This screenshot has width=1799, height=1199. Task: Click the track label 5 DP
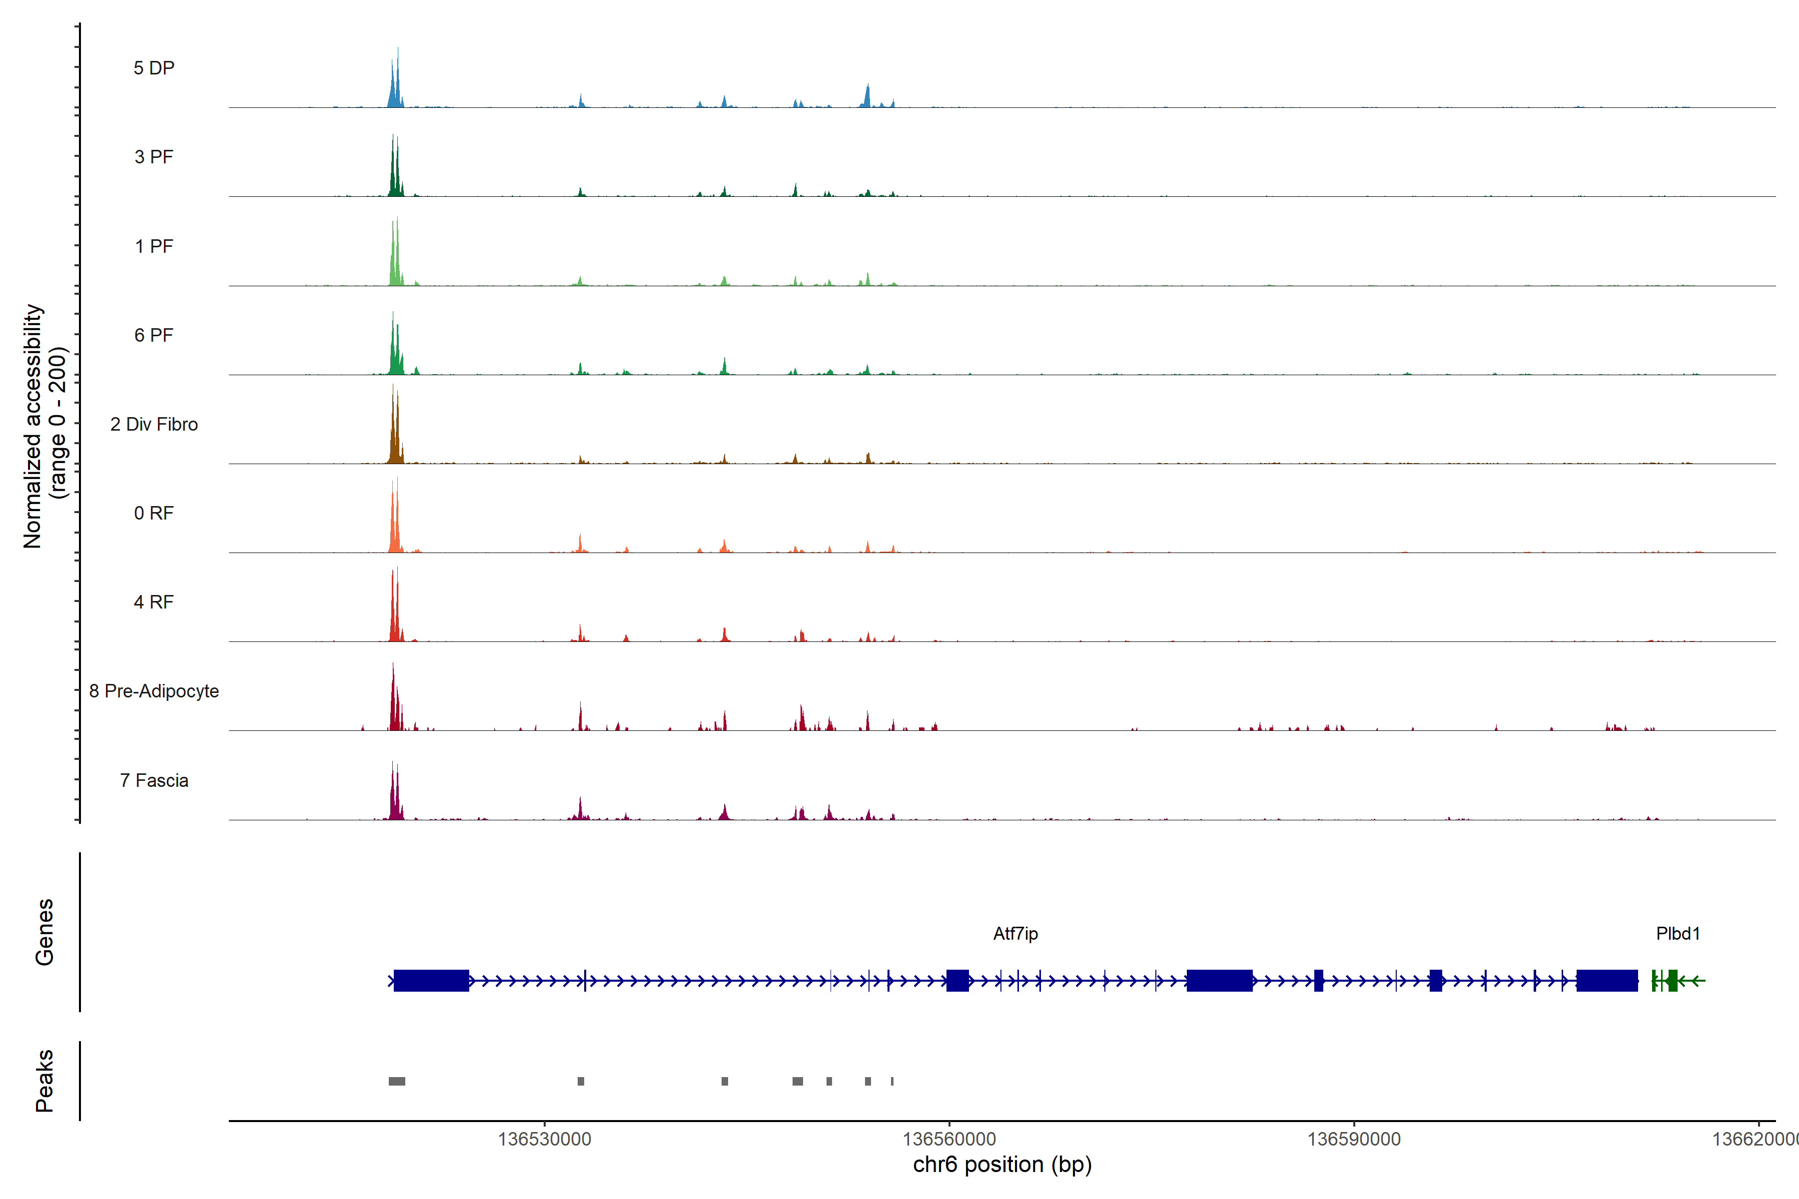[154, 68]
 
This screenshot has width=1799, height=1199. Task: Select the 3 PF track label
[154, 157]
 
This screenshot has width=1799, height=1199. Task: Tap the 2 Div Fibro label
[154, 424]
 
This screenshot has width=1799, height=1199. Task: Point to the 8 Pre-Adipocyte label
[154, 691]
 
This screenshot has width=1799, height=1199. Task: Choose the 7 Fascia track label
[154, 781]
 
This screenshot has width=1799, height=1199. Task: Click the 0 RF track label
[154, 513]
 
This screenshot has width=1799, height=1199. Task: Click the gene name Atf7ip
[1015, 934]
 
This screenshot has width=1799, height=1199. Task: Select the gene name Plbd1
[1678, 934]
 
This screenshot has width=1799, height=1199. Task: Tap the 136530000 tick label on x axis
[544, 1140]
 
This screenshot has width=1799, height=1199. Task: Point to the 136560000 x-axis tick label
[948, 1140]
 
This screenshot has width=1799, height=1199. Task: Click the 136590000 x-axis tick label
[1353, 1140]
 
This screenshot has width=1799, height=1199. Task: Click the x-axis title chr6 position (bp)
[1002, 1165]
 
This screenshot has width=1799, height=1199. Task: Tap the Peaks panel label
[44, 1081]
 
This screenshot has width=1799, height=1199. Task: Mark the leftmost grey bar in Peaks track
[397, 1081]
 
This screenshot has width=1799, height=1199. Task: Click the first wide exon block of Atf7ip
[431, 980]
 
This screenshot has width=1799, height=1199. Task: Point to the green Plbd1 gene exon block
[1672, 980]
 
